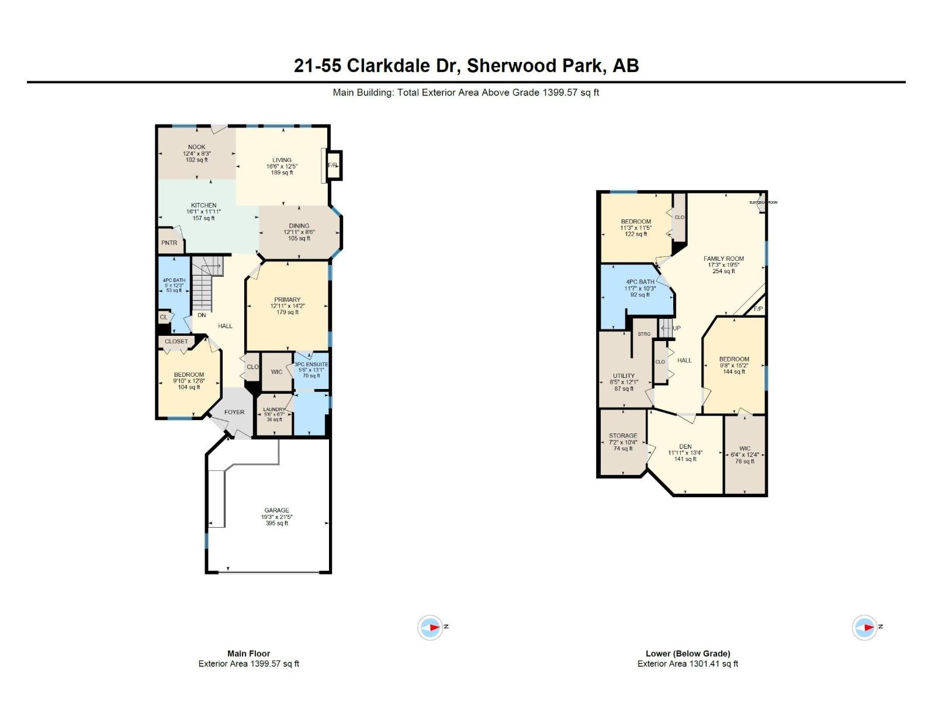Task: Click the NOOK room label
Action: pos(197,147)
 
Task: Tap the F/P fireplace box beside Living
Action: pos(333,166)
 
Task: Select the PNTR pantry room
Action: pos(169,243)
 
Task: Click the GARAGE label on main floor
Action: pos(276,510)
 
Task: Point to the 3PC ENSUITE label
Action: pos(311,364)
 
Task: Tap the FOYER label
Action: pos(234,412)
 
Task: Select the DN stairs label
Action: pos(202,315)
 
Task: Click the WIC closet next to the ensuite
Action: pos(277,371)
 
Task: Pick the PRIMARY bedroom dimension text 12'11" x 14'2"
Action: pos(288,306)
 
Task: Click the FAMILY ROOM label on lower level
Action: pos(723,259)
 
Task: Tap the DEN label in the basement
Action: pos(685,446)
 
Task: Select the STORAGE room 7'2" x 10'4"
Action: pos(623,442)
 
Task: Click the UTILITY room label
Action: pos(624,376)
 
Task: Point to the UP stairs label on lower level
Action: pos(676,328)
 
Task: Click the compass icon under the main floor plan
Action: pos(430,627)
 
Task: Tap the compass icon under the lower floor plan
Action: pos(864,627)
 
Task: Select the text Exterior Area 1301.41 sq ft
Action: pos(688,663)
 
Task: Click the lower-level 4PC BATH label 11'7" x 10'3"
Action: pos(640,282)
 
